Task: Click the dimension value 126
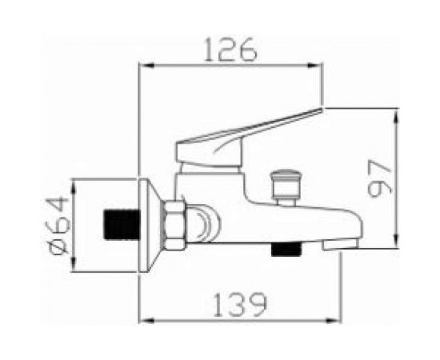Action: pyautogui.click(x=230, y=50)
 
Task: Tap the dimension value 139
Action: pyautogui.click(x=240, y=305)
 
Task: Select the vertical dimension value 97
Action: pyautogui.click(x=379, y=178)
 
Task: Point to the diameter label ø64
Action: pyautogui.click(x=58, y=226)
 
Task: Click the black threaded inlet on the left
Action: pyautogui.click(x=122, y=225)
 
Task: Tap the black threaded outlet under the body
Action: pyautogui.click(x=286, y=250)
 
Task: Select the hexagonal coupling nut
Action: pyautogui.click(x=174, y=225)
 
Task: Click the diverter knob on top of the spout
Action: pyautogui.click(x=286, y=186)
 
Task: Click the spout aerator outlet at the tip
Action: pyautogui.click(x=340, y=244)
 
